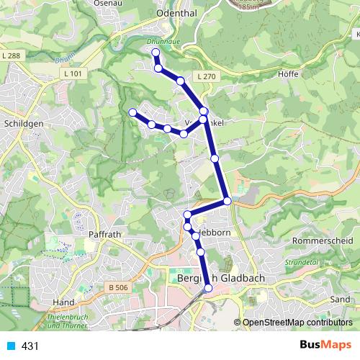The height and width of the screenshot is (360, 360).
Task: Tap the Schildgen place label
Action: point(19,124)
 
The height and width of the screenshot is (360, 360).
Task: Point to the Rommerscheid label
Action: point(323,240)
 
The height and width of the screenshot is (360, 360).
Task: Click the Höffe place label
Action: point(287,73)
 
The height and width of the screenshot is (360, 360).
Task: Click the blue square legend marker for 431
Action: point(10,346)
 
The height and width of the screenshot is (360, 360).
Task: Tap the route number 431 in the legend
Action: point(30,346)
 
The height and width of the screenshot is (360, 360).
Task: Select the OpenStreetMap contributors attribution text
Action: point(297,323)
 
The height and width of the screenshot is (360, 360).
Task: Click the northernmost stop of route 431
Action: point(156,53)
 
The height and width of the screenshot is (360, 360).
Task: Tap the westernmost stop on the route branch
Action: point(132,112)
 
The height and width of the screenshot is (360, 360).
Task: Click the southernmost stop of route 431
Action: point(208,288)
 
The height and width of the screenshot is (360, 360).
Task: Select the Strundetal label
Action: point(300,264)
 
